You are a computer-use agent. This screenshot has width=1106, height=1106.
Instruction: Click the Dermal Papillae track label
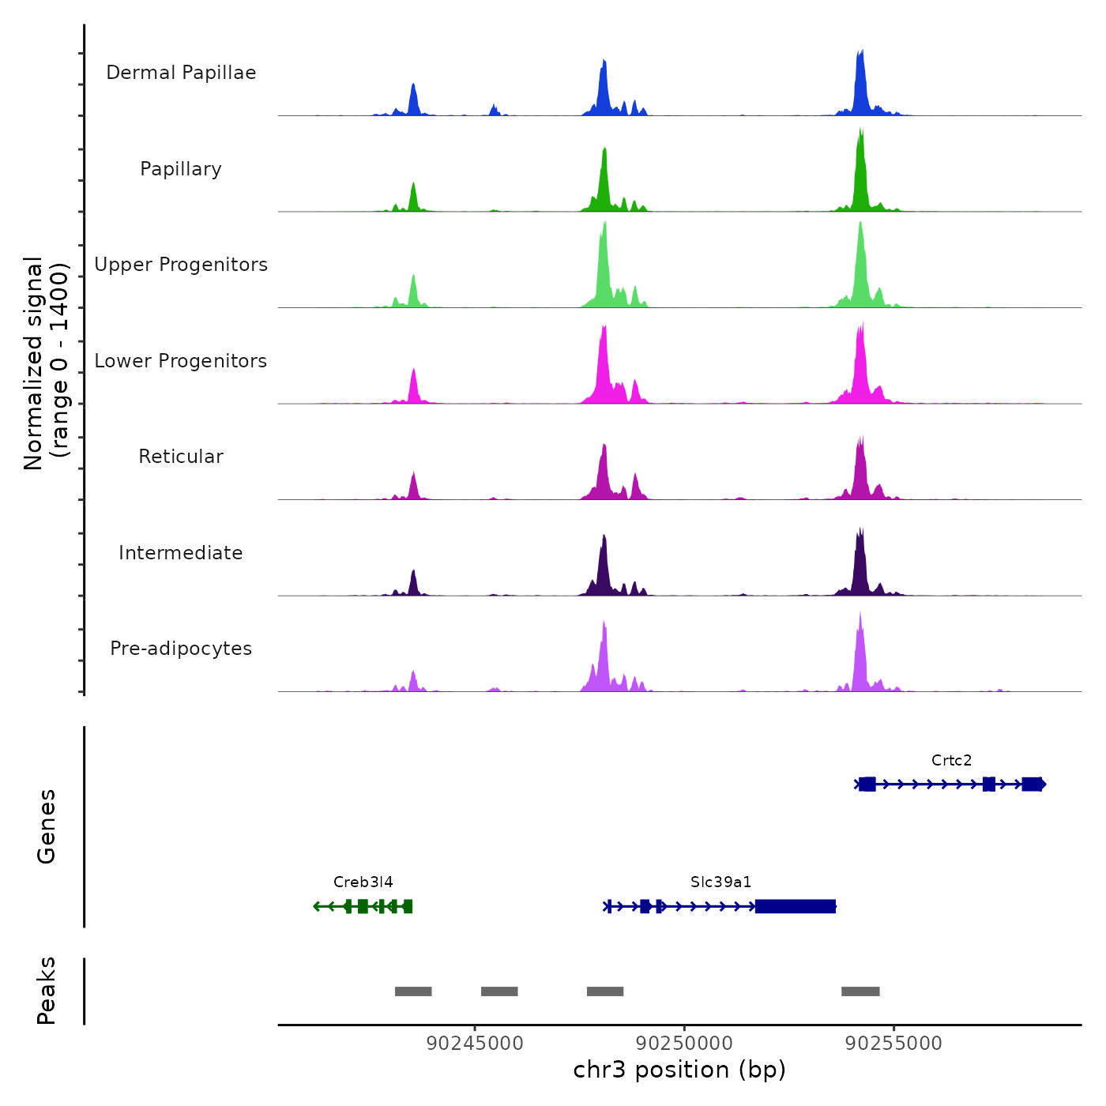[x=181, y=73]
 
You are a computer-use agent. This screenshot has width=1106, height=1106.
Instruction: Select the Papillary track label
[x=181, y=169]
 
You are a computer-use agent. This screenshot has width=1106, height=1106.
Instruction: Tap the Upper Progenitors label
[x=181, y=265]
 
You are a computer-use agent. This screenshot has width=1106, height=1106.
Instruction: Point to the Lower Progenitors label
[x=181, y=361]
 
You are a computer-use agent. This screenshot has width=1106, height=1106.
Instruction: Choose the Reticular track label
[x=181, y=457]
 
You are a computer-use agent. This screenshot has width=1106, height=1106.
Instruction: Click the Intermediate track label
[x=181, y=553]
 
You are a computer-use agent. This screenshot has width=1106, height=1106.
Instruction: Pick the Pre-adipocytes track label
[x=181, y=649]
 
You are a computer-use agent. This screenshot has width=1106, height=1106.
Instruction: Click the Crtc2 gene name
[x=951, y=761]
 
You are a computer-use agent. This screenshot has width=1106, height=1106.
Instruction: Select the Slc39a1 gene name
[x=720, y=882]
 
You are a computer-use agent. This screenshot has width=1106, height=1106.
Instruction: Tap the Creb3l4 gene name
[x=363, y=882]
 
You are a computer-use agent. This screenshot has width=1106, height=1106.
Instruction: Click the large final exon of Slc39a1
[x=796, y=906]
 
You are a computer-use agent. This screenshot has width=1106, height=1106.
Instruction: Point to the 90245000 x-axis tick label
[x=474, y=1044]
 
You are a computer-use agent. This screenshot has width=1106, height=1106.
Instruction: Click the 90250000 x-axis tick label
[x=684, y=1044]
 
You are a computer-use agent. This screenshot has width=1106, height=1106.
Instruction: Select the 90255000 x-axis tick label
[x=893, y=1044]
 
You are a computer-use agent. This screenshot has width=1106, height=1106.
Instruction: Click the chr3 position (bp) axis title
[x=679, y=1070]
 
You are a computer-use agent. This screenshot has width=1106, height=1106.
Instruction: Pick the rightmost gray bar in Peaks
[x=860, y=991]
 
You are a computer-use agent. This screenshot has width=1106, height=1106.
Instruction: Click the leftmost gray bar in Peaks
[x=413, y=991]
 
